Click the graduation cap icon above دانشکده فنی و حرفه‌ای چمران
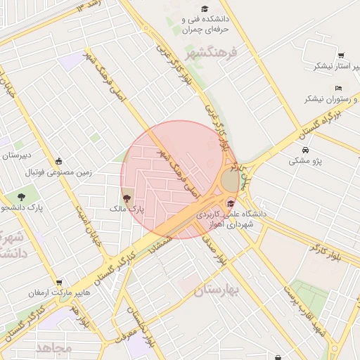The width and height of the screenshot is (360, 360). [x=205, y=9]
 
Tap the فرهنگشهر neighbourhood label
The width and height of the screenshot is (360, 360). [x=212, y=53]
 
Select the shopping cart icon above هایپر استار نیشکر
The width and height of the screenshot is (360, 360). [x=341, y=56]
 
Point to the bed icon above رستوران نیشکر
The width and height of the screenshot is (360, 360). [x=339, y=88]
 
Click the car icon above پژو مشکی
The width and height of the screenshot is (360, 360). [x=305, y=150]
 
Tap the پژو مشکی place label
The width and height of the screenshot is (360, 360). [x=305, y=162]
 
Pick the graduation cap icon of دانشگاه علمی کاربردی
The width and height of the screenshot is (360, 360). [x=230, y=204]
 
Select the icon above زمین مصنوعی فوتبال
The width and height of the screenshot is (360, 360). [x=58, y=161]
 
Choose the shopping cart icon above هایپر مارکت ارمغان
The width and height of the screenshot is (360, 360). [x=59, y=283]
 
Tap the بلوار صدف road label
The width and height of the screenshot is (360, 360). [x=214, y=250]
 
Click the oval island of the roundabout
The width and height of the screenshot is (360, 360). [x=230, y=181]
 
